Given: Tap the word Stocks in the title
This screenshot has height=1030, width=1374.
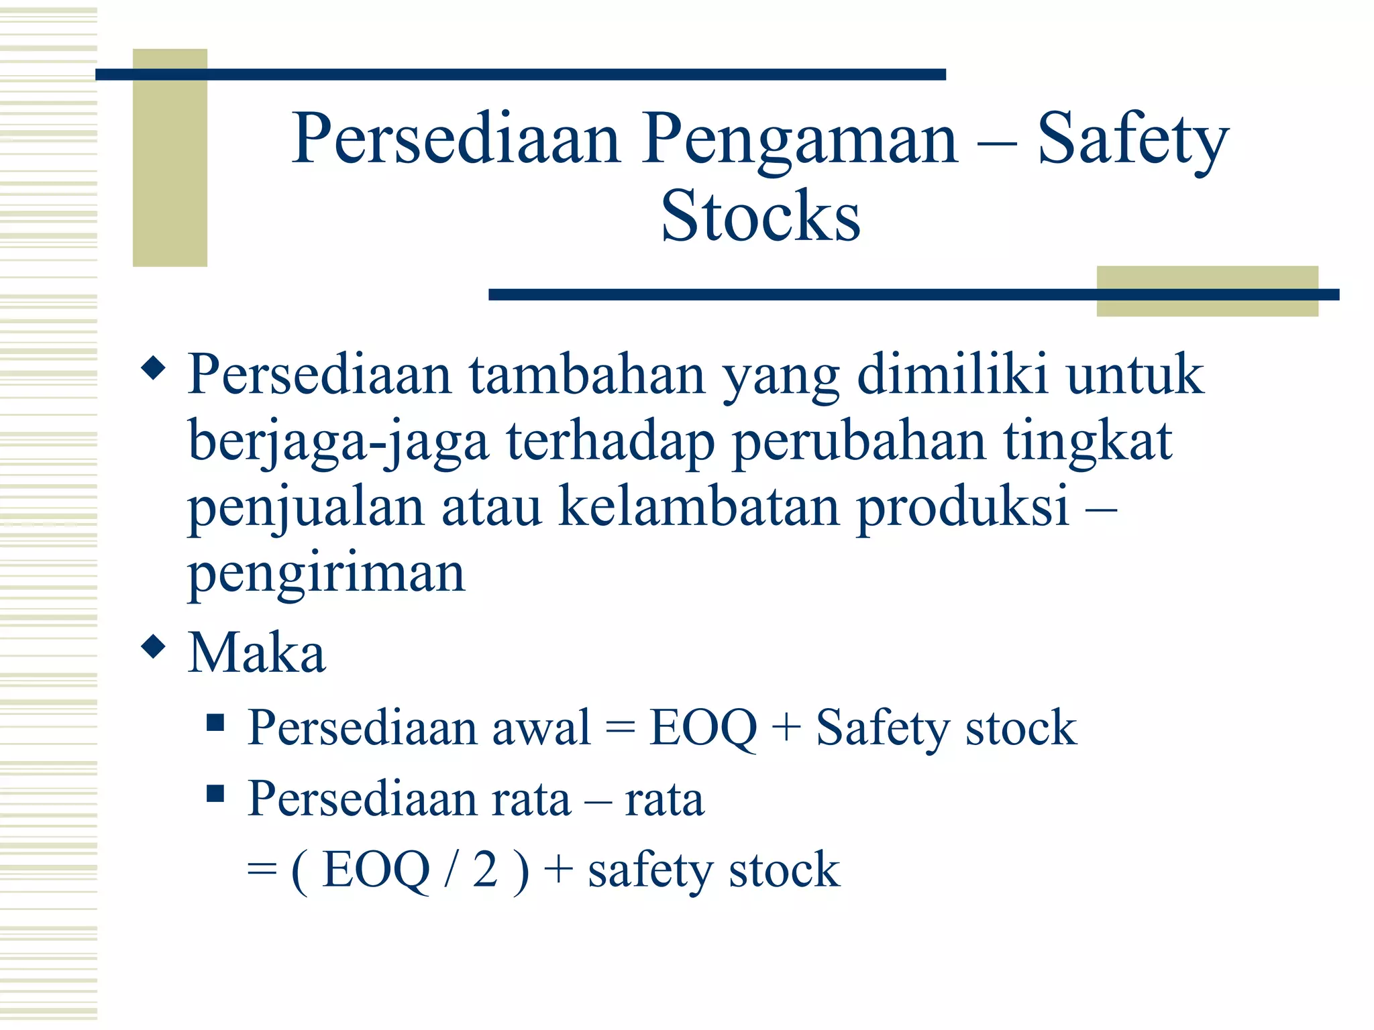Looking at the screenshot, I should pyautogui.click(x=760, y=216).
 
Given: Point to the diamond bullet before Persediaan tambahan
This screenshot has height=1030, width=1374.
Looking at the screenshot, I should pyautogui.click(x=154, y=368).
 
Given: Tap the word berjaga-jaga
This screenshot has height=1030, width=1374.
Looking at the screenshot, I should pyautogui.click(x=339, y=443).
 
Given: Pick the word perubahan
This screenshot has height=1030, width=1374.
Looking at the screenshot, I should pyautogui.click(x=859, y=443).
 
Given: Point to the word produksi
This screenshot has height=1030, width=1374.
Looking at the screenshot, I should pyautogui.click(x=963, y=508).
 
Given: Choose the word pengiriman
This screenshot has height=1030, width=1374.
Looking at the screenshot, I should pyautogui.click(x=326, y=574).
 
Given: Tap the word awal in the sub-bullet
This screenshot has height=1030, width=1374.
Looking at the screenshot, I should pyautogui.click(x=541, y=728).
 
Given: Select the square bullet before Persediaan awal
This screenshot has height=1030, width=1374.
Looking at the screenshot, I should pyautogui.click(x=215, y=722).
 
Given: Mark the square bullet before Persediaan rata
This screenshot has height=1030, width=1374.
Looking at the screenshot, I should pyautogui.click(x=215, y=793).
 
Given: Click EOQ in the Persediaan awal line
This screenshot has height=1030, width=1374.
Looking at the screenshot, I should pyautogui.click(x=702, y=728).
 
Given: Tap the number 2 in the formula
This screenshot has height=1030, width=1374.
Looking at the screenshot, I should pyautogui.click(x=485, y=870).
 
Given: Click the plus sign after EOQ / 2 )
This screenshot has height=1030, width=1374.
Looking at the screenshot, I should pyautogui.click(x=558, y=870).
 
